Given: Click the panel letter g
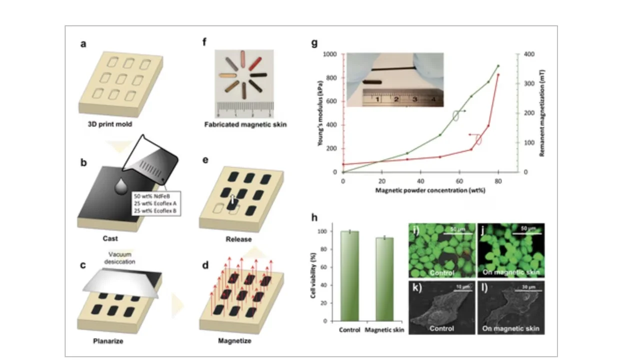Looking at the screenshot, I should click(314, 43).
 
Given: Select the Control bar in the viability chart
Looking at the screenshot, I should click(349, 275).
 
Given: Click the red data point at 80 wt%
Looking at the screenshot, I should click(498, 75).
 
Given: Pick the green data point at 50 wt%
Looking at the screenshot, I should click(440, 135).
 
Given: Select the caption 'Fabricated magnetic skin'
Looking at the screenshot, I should click(245, 124).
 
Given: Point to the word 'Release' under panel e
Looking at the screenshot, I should click(238, 239).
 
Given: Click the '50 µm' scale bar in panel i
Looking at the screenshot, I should click(453, 229).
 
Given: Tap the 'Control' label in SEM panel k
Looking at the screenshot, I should click(442, 328).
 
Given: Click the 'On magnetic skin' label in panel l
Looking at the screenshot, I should click(510, 328).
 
